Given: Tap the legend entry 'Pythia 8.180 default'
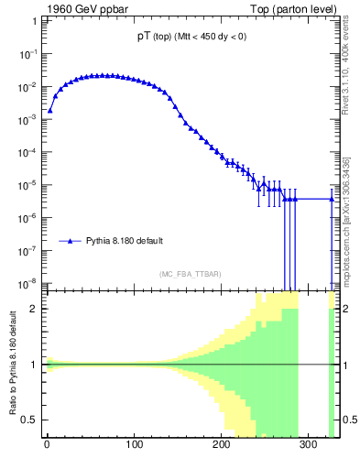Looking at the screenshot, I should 125,241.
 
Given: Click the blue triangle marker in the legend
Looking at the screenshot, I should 70,241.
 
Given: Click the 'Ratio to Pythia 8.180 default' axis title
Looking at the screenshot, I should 12,365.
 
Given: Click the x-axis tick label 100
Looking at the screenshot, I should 134,446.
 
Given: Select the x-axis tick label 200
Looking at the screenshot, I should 222,446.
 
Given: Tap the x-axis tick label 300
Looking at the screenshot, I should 310,446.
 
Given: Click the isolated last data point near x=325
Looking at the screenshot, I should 332,199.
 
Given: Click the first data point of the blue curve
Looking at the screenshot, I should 49,110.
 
